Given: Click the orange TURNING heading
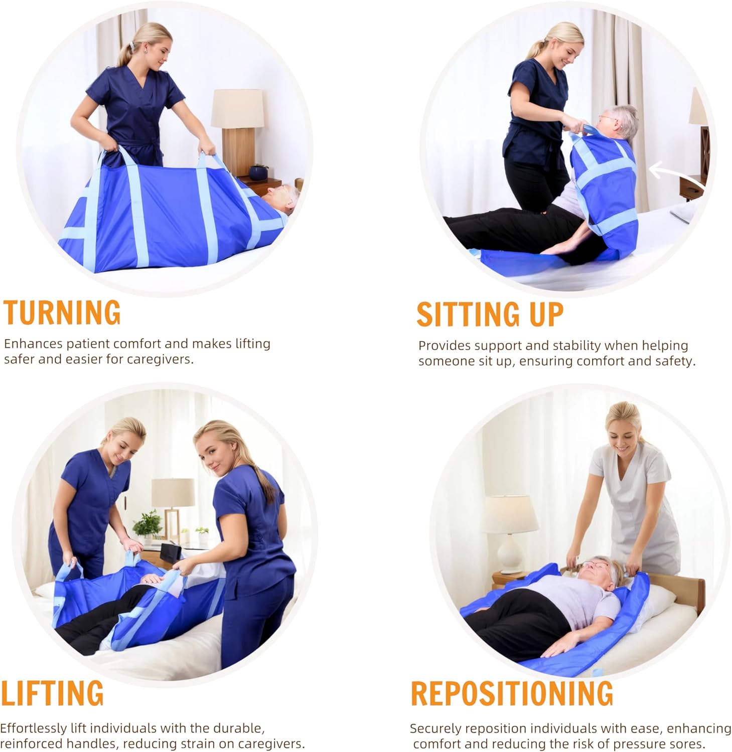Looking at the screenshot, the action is pyautogui.click(x=62, y=312).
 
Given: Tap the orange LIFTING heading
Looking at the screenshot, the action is pyautogui.click(x=52, y=693).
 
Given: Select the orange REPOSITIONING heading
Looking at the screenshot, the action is pyautogui.click(x=512, y=693).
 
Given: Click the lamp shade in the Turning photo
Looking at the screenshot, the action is pyautogui.click(x=237, y=108).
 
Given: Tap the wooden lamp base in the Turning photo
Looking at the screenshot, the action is pyautogui.click(x=238, y=151).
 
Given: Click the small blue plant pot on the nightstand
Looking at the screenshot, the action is pyautogui.click(x=259, y=172).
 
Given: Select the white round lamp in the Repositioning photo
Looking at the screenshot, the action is pyautogui.click(x=509, y=533).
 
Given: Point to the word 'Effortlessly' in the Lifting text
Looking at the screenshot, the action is pyautogui.click(x=34, y=728).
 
